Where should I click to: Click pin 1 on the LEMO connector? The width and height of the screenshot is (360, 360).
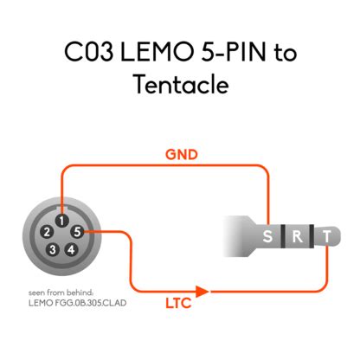[x=61, y=220]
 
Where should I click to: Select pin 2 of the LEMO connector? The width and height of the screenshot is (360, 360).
[x=42, y=232]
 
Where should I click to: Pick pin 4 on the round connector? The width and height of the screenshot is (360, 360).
[x=71, y=249]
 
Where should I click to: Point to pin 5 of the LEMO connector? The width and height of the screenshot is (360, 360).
[x=79, y=232]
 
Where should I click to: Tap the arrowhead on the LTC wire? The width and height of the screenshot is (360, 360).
[x=202, y=292]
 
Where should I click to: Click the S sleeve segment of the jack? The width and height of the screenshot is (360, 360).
[x=267, y=237]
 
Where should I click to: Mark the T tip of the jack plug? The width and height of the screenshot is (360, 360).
[x=325, y=237]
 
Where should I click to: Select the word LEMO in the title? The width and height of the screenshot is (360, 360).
[x=152, y=52]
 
